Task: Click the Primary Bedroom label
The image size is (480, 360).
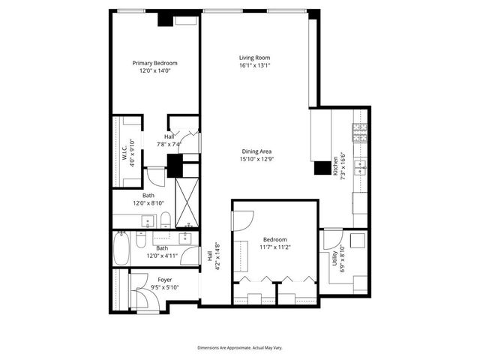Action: [x=155, y=63]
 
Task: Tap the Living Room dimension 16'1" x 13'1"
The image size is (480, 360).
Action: [x=254, y=65]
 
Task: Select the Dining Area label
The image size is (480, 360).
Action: [x=256, y=151]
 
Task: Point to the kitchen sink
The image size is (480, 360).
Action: [x=361, y=166]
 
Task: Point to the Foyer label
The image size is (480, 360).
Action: [x=164, y=279]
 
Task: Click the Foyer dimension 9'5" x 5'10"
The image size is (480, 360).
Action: [x=164, y=286]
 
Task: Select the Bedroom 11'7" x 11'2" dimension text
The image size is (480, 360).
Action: [x=275, y=247]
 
